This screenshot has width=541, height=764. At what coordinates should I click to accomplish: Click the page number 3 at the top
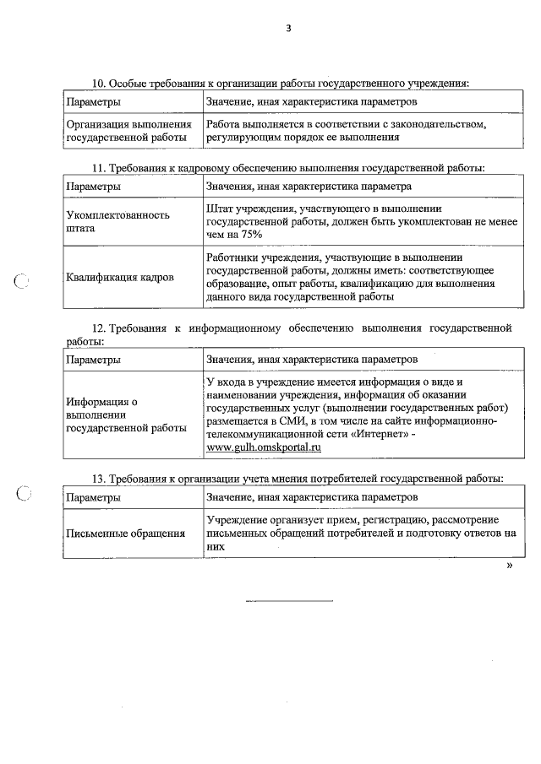287,29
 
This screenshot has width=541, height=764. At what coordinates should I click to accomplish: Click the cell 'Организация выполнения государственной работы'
127,131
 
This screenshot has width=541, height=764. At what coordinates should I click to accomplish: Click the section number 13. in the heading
98,479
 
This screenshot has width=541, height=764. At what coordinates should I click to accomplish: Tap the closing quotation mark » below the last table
509,566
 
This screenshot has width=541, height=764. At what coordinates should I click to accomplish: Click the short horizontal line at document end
289,601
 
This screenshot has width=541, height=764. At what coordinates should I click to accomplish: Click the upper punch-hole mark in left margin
23,283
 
